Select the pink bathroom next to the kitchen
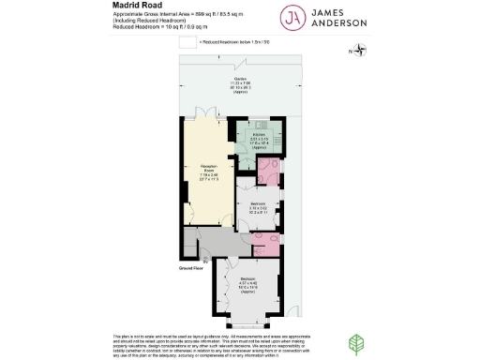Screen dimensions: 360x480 click(x=270, y=170)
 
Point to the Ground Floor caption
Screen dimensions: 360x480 click(x=192, y=267)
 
